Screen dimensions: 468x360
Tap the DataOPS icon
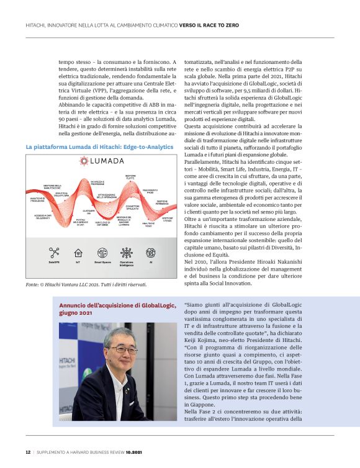click(54, 253)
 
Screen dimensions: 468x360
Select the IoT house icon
click(78, 253)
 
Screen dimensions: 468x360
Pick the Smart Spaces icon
click(102, 253)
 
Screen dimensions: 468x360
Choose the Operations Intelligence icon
click(127, 253)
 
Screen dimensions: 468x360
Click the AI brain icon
click(151, 253)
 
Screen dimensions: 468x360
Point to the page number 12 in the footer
click(27, 452)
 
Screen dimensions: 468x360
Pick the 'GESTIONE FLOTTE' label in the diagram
click(131, 177)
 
